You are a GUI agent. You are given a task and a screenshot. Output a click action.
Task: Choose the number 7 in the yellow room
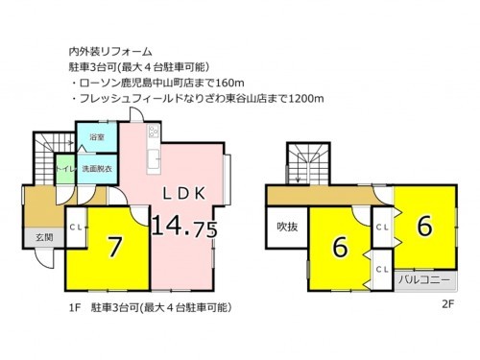114,247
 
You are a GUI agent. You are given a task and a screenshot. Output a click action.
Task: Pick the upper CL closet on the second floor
381,228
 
